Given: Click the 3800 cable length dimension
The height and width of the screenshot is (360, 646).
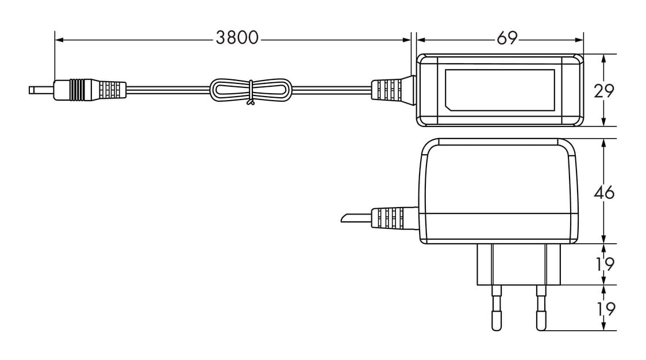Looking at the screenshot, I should [237, 38].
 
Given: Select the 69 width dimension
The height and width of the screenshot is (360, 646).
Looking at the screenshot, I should [507, 38].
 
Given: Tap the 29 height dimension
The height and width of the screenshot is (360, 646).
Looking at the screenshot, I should [604, 91].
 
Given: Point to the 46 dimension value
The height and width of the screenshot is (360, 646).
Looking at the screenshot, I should [604, 192].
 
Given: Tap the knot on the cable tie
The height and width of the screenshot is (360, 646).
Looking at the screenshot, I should [251, 103].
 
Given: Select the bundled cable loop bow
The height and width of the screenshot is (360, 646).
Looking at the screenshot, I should [251, 90].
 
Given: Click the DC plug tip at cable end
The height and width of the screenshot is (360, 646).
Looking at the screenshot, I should [40, 90].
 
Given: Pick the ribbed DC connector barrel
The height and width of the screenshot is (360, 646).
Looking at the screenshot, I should [89, 90].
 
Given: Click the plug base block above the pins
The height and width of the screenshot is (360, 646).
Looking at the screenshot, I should [518, 265].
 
